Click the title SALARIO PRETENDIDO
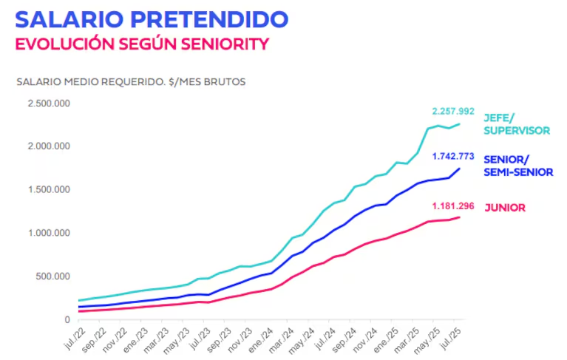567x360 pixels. tap(151, 18)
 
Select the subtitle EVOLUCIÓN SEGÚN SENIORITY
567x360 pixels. tap(141, 43)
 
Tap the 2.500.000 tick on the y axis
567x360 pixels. tap(49, 103)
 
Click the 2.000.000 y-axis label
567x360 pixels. tap(49, 146)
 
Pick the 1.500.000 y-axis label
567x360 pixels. tap(49, 189)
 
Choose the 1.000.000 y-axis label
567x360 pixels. tap(49, 233)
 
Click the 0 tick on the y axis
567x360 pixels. tap(67, 319)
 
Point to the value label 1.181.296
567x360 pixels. tap(453, 205)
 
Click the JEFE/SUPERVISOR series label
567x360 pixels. tap(517, 124)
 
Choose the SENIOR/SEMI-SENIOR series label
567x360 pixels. tap(518, 166)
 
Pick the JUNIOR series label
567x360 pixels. tap(505, 208)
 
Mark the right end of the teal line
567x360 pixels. tap(460, 123)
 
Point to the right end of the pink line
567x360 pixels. tap(460, 217)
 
